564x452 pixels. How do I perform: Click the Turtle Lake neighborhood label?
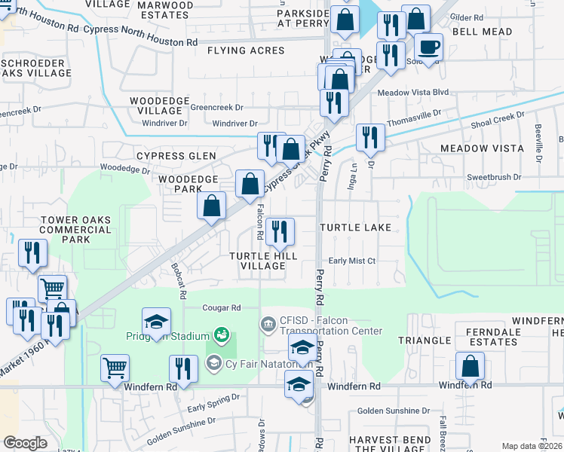[x=355, y=227]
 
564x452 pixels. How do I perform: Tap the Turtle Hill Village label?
[x=263, y=261]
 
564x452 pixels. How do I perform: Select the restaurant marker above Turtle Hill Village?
[x=280, y=233]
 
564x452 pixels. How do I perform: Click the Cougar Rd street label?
[x=221, y=308]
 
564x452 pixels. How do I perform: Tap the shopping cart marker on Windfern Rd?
[x=115, y=369]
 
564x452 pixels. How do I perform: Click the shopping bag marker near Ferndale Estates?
[x=470, y=368]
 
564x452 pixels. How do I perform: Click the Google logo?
[x=25, y=443]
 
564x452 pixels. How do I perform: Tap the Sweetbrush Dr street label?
[x=494, y=177]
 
